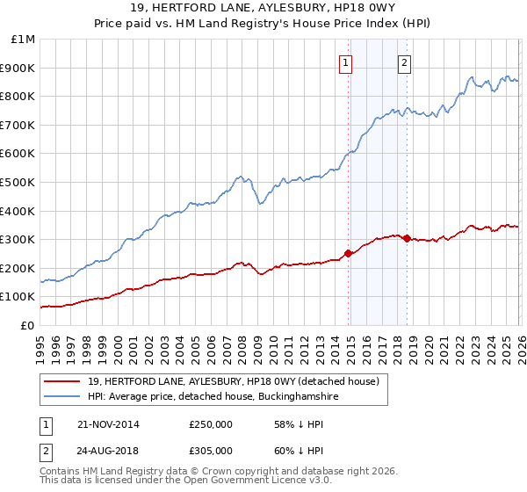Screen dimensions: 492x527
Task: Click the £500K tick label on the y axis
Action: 18,182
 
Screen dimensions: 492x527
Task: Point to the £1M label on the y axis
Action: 22,40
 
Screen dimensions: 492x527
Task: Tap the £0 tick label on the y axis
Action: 27,325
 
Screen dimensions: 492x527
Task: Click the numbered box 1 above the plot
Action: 346,62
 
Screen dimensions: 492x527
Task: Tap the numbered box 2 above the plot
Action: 405,62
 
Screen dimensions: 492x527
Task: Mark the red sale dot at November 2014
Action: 348,253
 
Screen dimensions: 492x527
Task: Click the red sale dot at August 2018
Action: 406,237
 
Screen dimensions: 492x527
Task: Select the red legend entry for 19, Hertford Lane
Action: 233,381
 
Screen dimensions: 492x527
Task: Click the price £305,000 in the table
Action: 211,450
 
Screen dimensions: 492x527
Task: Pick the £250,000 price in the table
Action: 211,424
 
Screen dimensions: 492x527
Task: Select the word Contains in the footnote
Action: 61,473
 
